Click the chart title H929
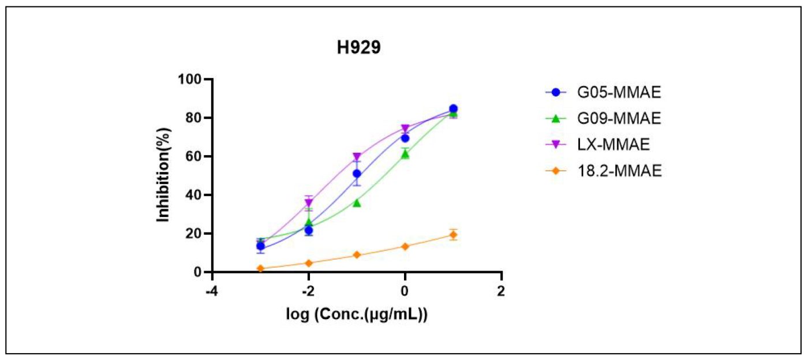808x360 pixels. click(x=359, y=49)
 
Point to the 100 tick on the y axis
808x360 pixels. click(x=192, y=80)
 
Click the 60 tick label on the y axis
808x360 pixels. click(x=196, y=156)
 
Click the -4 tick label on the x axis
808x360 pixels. click(x=212, y=290)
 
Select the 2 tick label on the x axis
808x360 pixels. click(x=501, y=290)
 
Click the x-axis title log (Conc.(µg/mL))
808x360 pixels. click(x=357, y=316)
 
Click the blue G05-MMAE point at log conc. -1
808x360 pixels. click(x=357, y=174)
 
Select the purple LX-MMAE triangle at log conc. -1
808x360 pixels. click(x=357, y=157)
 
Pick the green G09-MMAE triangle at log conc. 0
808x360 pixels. click(x=405, y=154)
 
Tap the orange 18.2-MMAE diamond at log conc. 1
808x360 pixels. click(x=453, y=234)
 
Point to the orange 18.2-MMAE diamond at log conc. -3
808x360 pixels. click(x=260, y=268)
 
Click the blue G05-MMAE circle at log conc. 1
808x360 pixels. click(x=453, y=108)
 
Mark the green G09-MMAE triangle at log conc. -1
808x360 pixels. click(x=357, y=202)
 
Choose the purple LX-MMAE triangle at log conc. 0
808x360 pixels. click(x=405, y=129)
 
